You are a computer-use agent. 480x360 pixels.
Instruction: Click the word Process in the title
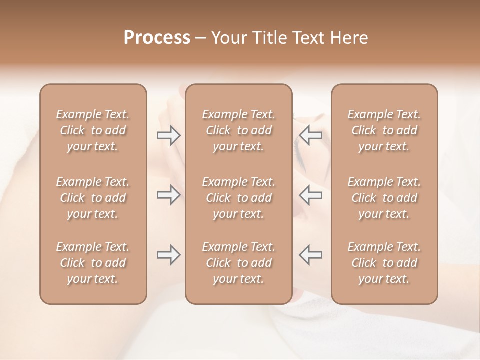point(157,38)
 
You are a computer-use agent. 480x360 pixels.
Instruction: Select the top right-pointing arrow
point(168,135)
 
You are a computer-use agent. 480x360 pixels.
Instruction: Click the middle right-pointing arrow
point(168,195)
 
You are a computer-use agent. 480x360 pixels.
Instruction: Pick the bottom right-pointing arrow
point(168,255)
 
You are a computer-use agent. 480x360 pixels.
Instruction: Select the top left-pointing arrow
point(310,135)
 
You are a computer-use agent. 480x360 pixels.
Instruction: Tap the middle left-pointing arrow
point(310,195)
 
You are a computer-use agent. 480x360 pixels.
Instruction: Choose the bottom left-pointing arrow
point(310,255)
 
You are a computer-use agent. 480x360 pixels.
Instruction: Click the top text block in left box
point(93,130)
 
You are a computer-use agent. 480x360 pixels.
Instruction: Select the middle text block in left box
point(93,198)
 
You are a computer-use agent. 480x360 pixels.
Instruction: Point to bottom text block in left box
point(93,263)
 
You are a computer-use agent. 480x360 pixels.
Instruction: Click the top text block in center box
point(239,130)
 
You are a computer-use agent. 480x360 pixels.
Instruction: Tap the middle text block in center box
point(239,198)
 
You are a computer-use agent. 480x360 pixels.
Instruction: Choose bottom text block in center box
point(239,263)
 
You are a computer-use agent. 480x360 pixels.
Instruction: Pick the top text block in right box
point(384,130)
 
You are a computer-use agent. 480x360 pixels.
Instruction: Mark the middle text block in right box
point(384,198)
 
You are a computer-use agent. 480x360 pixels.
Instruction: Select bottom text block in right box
point(384,263)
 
